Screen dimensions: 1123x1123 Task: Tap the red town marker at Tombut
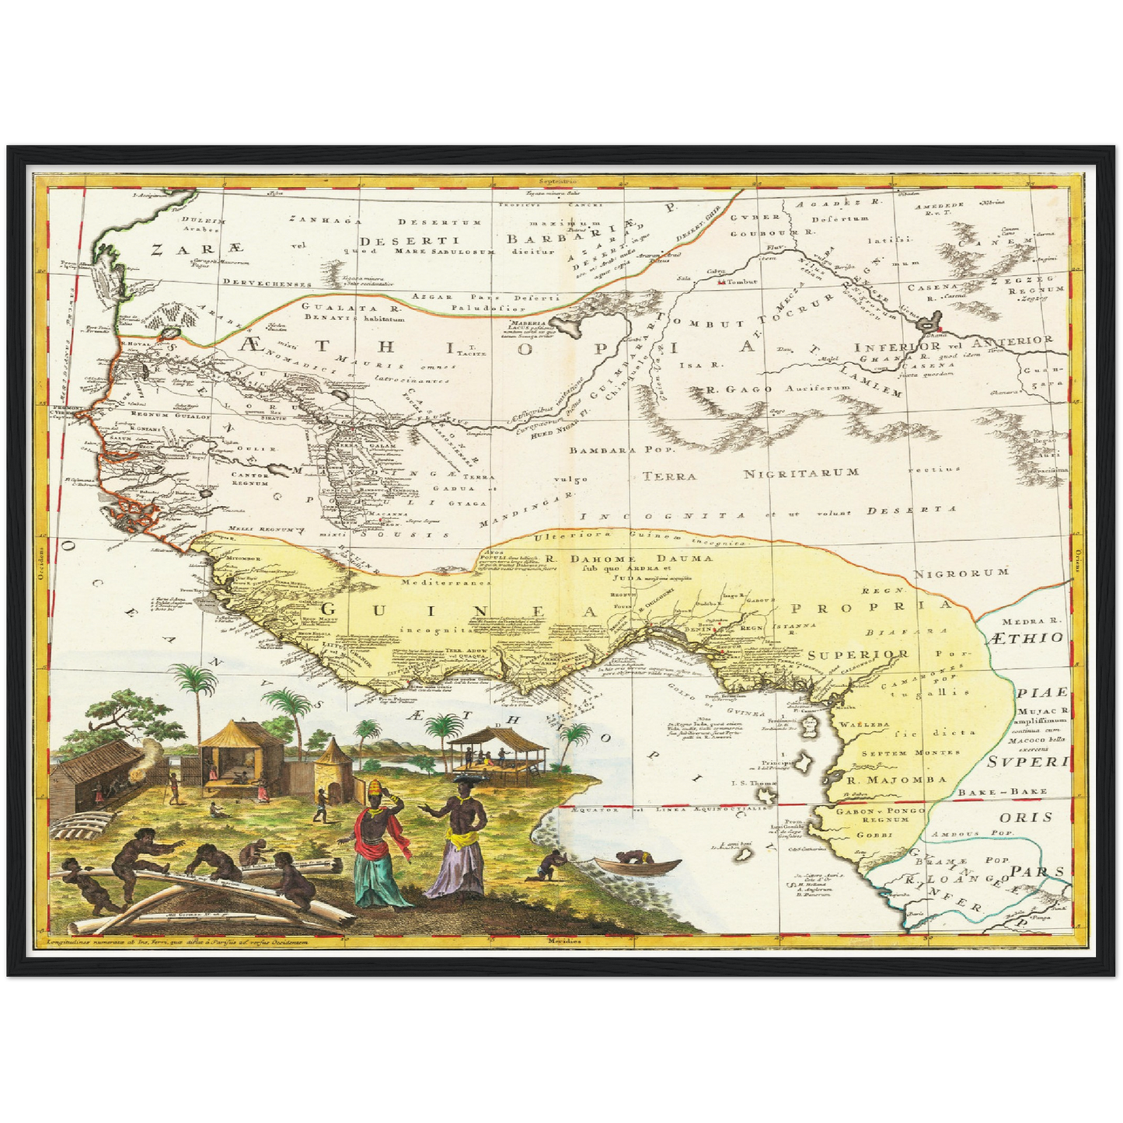click(x=722, y=282)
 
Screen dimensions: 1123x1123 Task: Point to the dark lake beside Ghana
click(x=928, y=320)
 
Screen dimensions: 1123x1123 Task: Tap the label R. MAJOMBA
click(x=885, y=779)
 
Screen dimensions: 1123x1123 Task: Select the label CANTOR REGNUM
click(x=250, y=479)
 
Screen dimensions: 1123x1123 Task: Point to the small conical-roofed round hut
click(x=330, y=752)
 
